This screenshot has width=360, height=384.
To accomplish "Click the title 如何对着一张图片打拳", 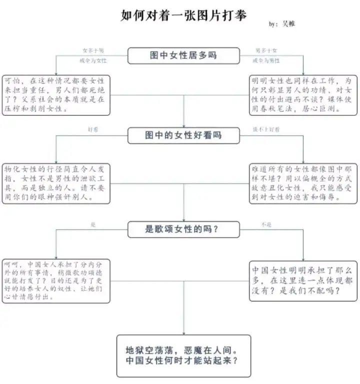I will pyautogui.click(x=184, y=15).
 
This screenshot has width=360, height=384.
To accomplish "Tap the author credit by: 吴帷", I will pyautogui.click(x=282, y=23).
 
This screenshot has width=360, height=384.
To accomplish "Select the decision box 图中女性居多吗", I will pyautogui.click(x=183, y=55).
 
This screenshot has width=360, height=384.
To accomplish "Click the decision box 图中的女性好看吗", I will pyautogui.click(x=183, y=135).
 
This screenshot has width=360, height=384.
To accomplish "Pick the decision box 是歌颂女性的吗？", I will pyautogui.click(x=183, y=229).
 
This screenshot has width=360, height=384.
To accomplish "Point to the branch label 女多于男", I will pyautogui.click(x=93, y=50).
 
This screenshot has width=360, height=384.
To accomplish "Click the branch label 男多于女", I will pyautogui.click(x=266, y=50).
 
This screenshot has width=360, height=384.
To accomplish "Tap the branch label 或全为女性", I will pyautogui.click(x=93, y=60).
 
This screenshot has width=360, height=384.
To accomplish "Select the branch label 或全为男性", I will pyautogui.click(x=266, y=60).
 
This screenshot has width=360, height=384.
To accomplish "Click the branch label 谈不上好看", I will pyautogui.click(x=266, y=129).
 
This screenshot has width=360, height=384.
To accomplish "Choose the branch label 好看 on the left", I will pyautogui.click(x=93, y=129).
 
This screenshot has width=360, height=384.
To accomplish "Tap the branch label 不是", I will pyautogui.click(x=266, y=225).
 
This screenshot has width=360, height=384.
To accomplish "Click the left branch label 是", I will pyautogui.click(x=93, y=225).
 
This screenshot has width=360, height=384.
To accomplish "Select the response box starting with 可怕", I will pyautogui.click(x=56, y=94).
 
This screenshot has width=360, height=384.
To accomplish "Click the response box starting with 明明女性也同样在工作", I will pyautogui.click(x=303, y=94).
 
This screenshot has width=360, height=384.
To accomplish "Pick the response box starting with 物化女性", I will pyautogui.click(x=56, y=183).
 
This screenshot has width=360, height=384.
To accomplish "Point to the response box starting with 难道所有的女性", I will pyautogui.click(x=303, y=183).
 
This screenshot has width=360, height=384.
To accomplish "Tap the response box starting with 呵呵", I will pyautogui.click(x=56, y=280).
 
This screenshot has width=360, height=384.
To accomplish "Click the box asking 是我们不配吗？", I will pyautogui.click(x=303, y=280).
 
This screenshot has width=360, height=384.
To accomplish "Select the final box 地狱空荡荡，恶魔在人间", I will pyautogui.click(x=184, y=356).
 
